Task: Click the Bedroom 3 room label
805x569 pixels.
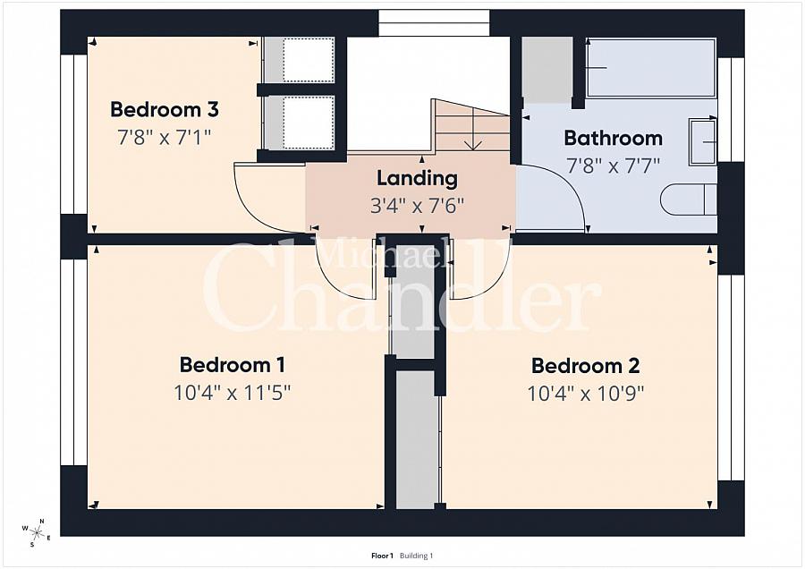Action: point(165,109)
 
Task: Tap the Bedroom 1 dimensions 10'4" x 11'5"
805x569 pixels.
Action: point(232,393)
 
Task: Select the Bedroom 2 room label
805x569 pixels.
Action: point(585,366)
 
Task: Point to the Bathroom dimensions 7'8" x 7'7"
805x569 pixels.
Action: point(613,166)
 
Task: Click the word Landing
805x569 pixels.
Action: point(417,179)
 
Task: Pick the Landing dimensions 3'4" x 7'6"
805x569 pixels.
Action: point(417,206)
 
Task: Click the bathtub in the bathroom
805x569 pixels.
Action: point(651,68)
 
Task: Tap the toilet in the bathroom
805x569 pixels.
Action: point(689,200)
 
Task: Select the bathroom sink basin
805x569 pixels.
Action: point(703,142)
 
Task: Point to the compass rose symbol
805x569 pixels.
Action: point(36,532)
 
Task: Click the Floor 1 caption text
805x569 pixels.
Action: point(382,556)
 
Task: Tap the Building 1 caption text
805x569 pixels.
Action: point(416,556)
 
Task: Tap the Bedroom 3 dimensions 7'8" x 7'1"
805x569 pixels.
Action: point(165,137)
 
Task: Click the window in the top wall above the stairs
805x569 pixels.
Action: point(435,23)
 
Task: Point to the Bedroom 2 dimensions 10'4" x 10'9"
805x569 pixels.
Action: point(585,394)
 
